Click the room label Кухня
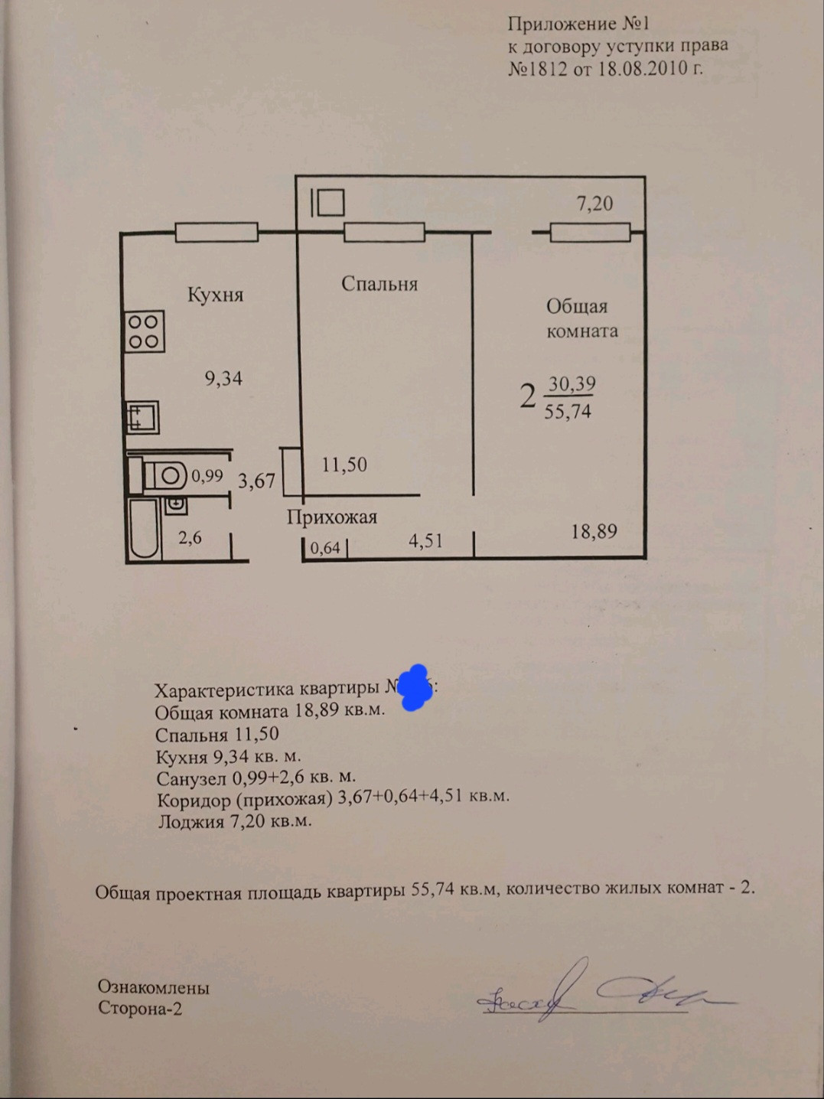tap(215, 295)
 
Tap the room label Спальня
tap(379, 284)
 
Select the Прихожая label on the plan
tap(332, 517)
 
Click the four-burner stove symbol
tap(144, 332)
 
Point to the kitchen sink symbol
tap(142, 418)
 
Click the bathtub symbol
tap(144, 528)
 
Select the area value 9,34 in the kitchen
tap(223, 378)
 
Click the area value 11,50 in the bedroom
tap(344, 465)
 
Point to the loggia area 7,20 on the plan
tap(594, 204)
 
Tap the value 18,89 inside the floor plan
tap(594, 531)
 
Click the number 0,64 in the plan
tap(325, 548)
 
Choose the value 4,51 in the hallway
tap(425, 541)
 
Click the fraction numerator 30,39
tap(572, 383)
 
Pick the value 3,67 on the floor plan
tap(256, 481)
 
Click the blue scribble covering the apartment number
tap(413, 687)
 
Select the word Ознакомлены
tap(153, 987)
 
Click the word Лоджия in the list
tap(191, 822)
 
